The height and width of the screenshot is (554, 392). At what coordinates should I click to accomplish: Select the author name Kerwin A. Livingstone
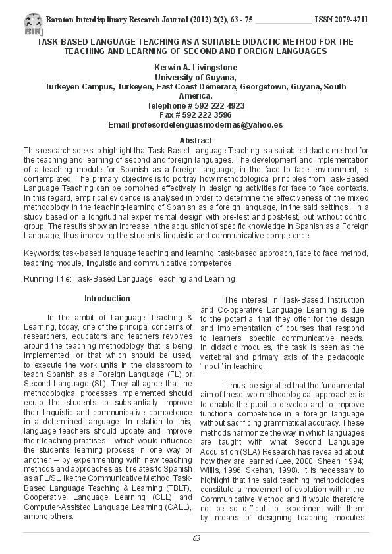click(x=196, y=68)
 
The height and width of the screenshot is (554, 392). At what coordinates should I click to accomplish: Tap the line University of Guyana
click(x=196, y=77)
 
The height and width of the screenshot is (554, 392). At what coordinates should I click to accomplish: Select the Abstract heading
click(x=196, y=141)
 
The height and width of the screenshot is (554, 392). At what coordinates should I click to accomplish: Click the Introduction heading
click(x=107, y=299)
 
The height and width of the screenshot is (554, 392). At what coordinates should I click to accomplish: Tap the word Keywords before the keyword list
click(x=41, y=253)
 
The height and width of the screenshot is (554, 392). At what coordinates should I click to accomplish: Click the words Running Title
click(x=47, y=279)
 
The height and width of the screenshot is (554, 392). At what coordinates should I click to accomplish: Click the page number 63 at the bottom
click(x=196, y=538)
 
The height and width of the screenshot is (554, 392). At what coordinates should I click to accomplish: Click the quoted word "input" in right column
click(x=212, y=367)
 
